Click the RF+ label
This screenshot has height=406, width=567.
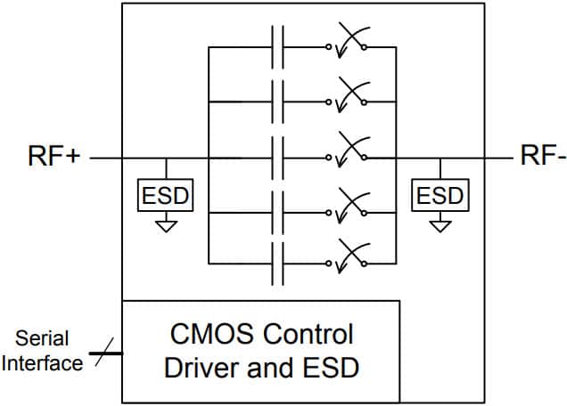(54, 158)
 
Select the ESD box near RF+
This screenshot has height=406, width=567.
(166, 195)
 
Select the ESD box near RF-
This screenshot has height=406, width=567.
(439, 195)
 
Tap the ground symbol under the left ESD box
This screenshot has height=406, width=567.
(166, 226)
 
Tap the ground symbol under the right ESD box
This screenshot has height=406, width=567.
(439, 226)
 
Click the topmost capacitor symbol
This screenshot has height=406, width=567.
(276, 45)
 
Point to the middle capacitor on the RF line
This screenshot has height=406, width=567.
(276, 158)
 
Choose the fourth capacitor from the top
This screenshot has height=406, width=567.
(276, 213)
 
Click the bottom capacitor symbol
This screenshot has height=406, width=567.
(276, 264)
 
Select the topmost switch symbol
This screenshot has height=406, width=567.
(348, 45)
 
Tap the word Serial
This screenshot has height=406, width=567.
(42, 338)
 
